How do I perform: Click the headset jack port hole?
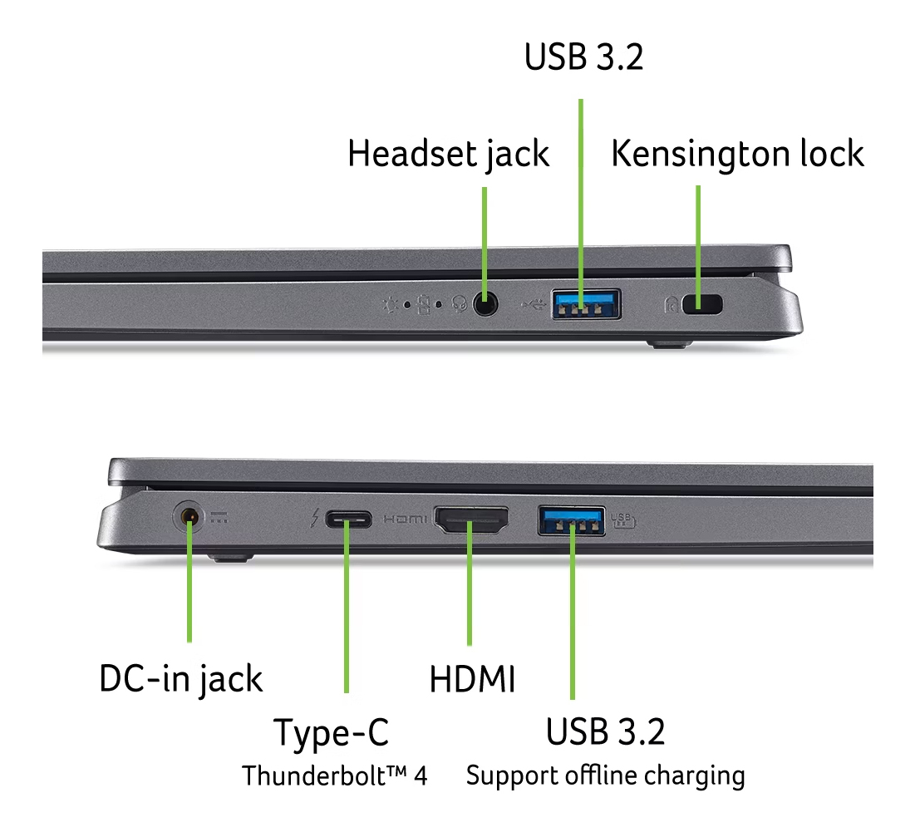[485, 304]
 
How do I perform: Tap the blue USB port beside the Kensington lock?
[587, 303]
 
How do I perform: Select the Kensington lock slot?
[702, 304]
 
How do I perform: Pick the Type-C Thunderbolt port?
[348, 519]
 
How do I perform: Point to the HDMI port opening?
[471, 519]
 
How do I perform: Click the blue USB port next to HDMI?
[571, 520]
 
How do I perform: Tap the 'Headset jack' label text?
[448, 154]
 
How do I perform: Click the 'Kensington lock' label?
[737, 154]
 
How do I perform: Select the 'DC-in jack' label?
[181, 679]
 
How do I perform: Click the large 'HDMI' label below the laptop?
[472, 679]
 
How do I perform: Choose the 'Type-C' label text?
[331, 733]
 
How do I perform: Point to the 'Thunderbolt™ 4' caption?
[334, 775]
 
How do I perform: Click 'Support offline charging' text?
[605, 776]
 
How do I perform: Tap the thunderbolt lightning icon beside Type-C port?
[314, 518]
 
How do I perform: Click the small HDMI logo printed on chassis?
[405, 519]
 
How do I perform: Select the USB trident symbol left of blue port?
[533, 304]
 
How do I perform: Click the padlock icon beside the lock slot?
[671, 304]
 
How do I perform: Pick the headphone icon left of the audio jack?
[460, 304]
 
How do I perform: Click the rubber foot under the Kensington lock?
[669, 343]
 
